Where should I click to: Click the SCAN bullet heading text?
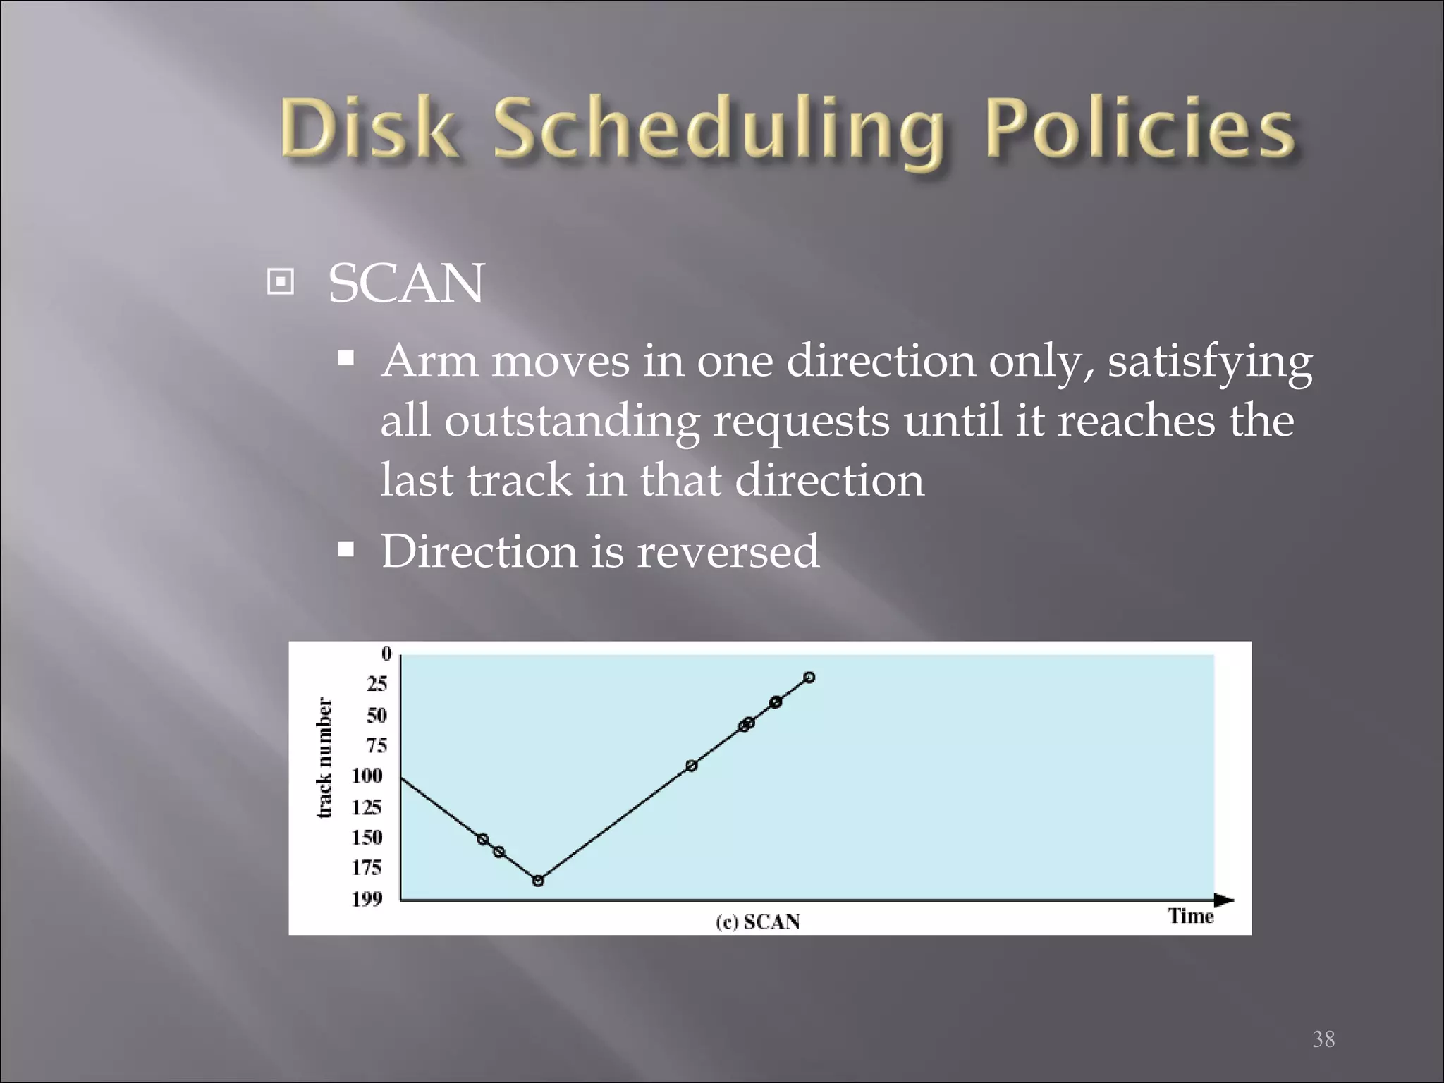point(406,284)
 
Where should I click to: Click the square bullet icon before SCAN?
point(281,283)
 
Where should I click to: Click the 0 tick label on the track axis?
point(386,654)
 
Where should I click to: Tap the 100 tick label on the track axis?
point(367,776)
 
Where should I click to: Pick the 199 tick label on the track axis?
point(367,899)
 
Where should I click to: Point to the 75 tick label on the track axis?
point(377,746)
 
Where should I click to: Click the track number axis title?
point(324,758)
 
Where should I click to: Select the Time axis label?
point(1190,916)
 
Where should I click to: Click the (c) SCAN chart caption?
point(758,922)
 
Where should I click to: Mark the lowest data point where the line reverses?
point(538,881)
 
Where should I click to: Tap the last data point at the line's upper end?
point(809,678)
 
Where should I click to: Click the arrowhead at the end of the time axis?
point(1224,900)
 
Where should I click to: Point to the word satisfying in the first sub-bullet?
point(1210,362)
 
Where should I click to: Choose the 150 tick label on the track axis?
point(367,837)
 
